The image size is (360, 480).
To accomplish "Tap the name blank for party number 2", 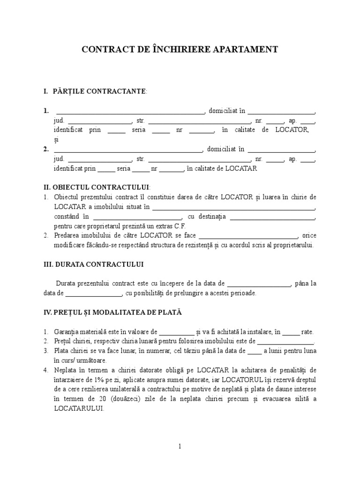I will click(128, 150).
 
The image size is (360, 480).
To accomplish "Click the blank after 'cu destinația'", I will click(272, 217).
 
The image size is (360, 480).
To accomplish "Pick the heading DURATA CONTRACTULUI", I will click(93, 264).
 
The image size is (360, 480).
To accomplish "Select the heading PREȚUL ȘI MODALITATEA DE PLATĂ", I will click(112, 312).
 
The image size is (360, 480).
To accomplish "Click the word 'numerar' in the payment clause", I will click(139, 351).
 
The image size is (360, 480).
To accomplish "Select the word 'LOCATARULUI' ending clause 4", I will click(78, 408).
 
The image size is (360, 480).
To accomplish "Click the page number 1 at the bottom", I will click(180, 447).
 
